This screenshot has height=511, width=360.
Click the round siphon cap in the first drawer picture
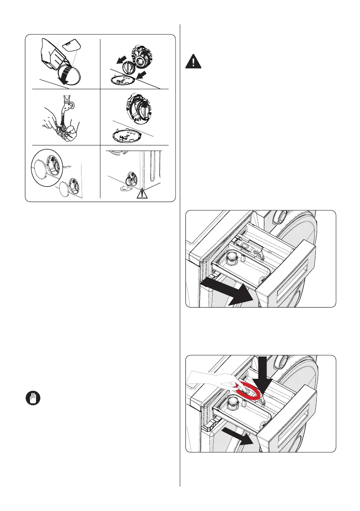tap(232, 258)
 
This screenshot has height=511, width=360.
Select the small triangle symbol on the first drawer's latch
tap(260, 255)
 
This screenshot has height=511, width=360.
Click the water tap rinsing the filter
tap(65, 103)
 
